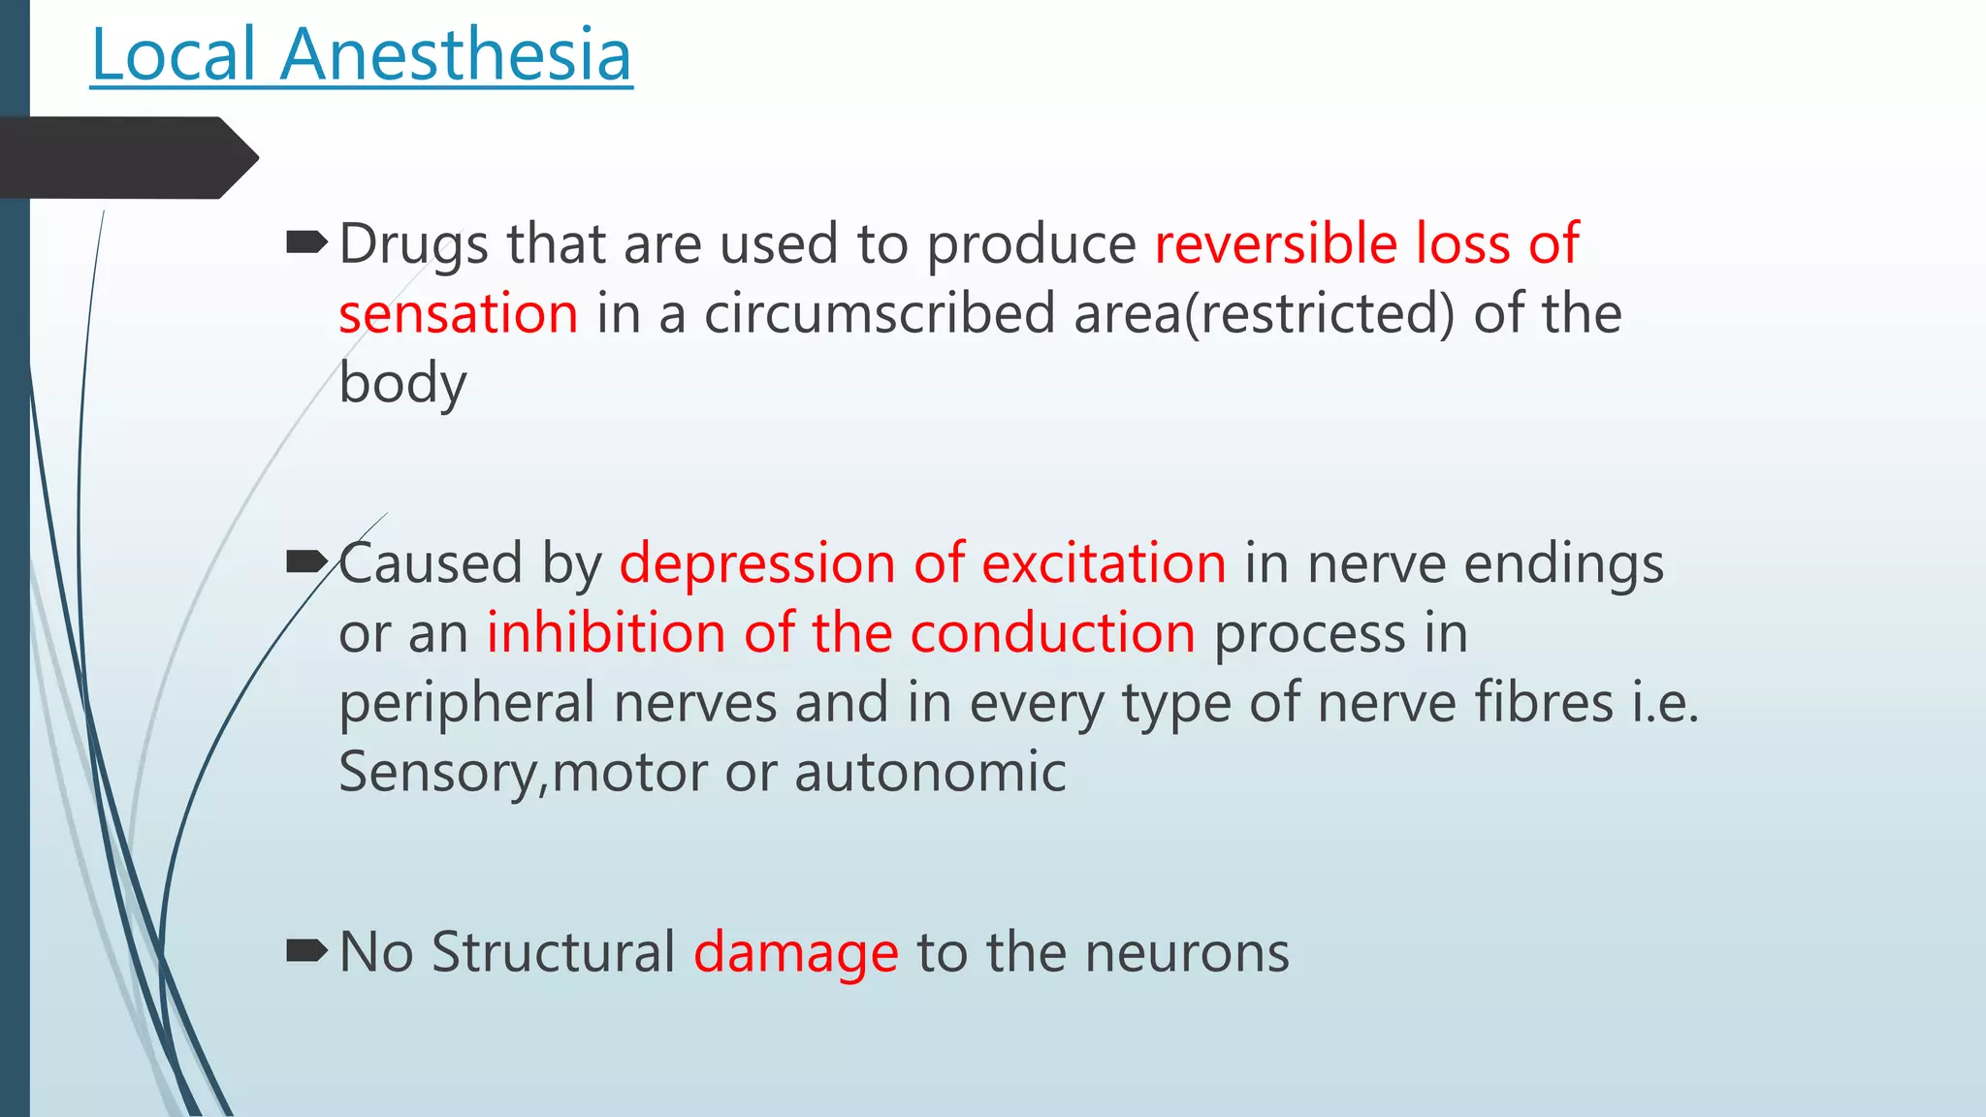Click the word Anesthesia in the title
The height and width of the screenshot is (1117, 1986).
coord(456,55)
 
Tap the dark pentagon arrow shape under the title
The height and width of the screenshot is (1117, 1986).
coord(126,157)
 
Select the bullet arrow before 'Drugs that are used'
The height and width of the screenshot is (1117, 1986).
coord(306,242)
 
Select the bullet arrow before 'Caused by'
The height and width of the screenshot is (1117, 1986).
coord(306,561)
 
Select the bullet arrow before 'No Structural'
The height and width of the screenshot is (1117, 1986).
coord(306,950)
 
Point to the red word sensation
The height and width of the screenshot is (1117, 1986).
coord(458,314)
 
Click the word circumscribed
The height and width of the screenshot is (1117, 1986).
coord(880,314)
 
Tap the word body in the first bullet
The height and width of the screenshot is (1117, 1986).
coord(402,384)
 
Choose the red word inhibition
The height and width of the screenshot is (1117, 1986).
coord(605,634)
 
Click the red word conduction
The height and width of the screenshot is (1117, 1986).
coord(1052,634)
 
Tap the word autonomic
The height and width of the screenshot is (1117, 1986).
coord(930,774)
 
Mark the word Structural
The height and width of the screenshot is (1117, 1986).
coord(553,952)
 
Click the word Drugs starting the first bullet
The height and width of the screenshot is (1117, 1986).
coord(413,244)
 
